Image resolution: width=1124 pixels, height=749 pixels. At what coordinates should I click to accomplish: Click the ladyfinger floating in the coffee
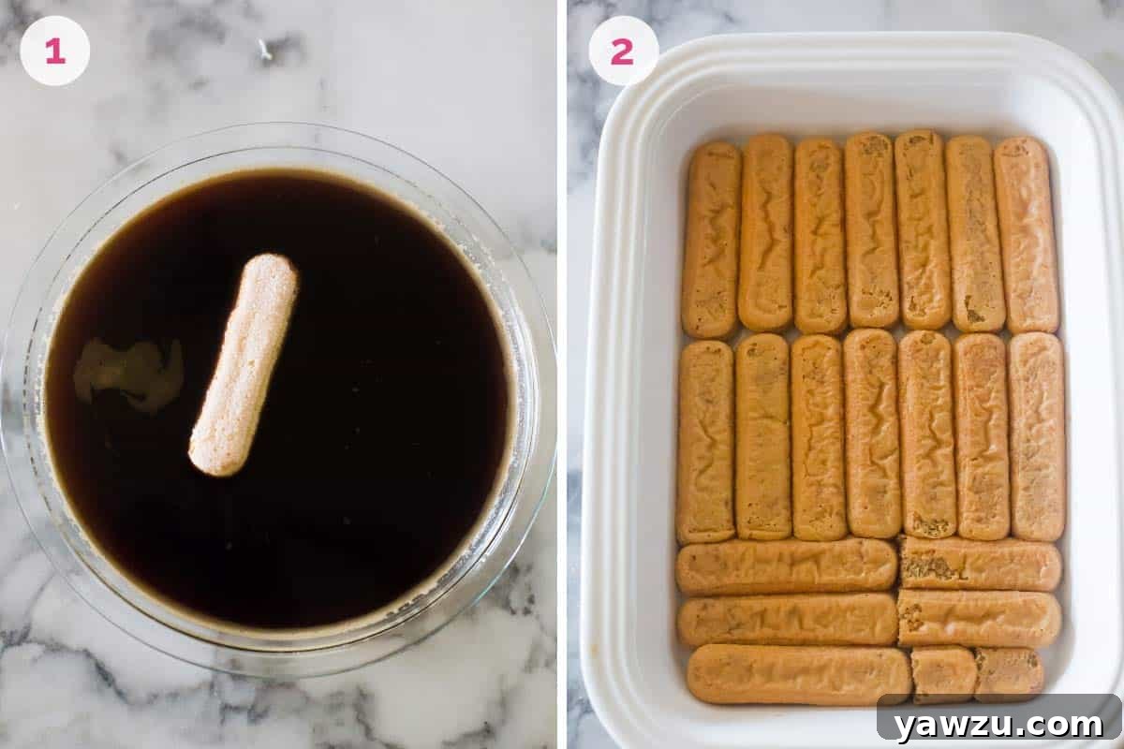244,365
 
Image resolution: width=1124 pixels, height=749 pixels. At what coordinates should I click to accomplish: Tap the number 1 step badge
54,51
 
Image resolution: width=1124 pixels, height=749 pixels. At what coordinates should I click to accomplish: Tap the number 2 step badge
623,51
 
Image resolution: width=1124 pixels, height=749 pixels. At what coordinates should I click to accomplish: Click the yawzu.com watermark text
998,724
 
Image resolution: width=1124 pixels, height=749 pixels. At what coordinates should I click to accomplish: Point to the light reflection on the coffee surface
129,373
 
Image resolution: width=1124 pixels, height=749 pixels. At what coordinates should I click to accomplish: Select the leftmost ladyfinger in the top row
711,240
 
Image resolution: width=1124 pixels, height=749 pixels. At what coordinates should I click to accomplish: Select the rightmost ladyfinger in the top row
1026,234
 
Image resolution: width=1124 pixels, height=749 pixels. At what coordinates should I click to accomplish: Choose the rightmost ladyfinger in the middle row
1037,436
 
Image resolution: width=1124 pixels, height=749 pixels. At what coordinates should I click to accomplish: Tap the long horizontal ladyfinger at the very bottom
798,674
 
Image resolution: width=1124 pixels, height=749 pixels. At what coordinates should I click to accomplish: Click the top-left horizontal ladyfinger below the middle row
787,566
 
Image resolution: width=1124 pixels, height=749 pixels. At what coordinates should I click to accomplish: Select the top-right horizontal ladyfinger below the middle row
980,564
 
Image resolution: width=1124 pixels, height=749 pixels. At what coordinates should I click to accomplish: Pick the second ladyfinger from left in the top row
765,232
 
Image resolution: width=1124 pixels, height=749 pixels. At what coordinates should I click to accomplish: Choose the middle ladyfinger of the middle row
872,433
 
